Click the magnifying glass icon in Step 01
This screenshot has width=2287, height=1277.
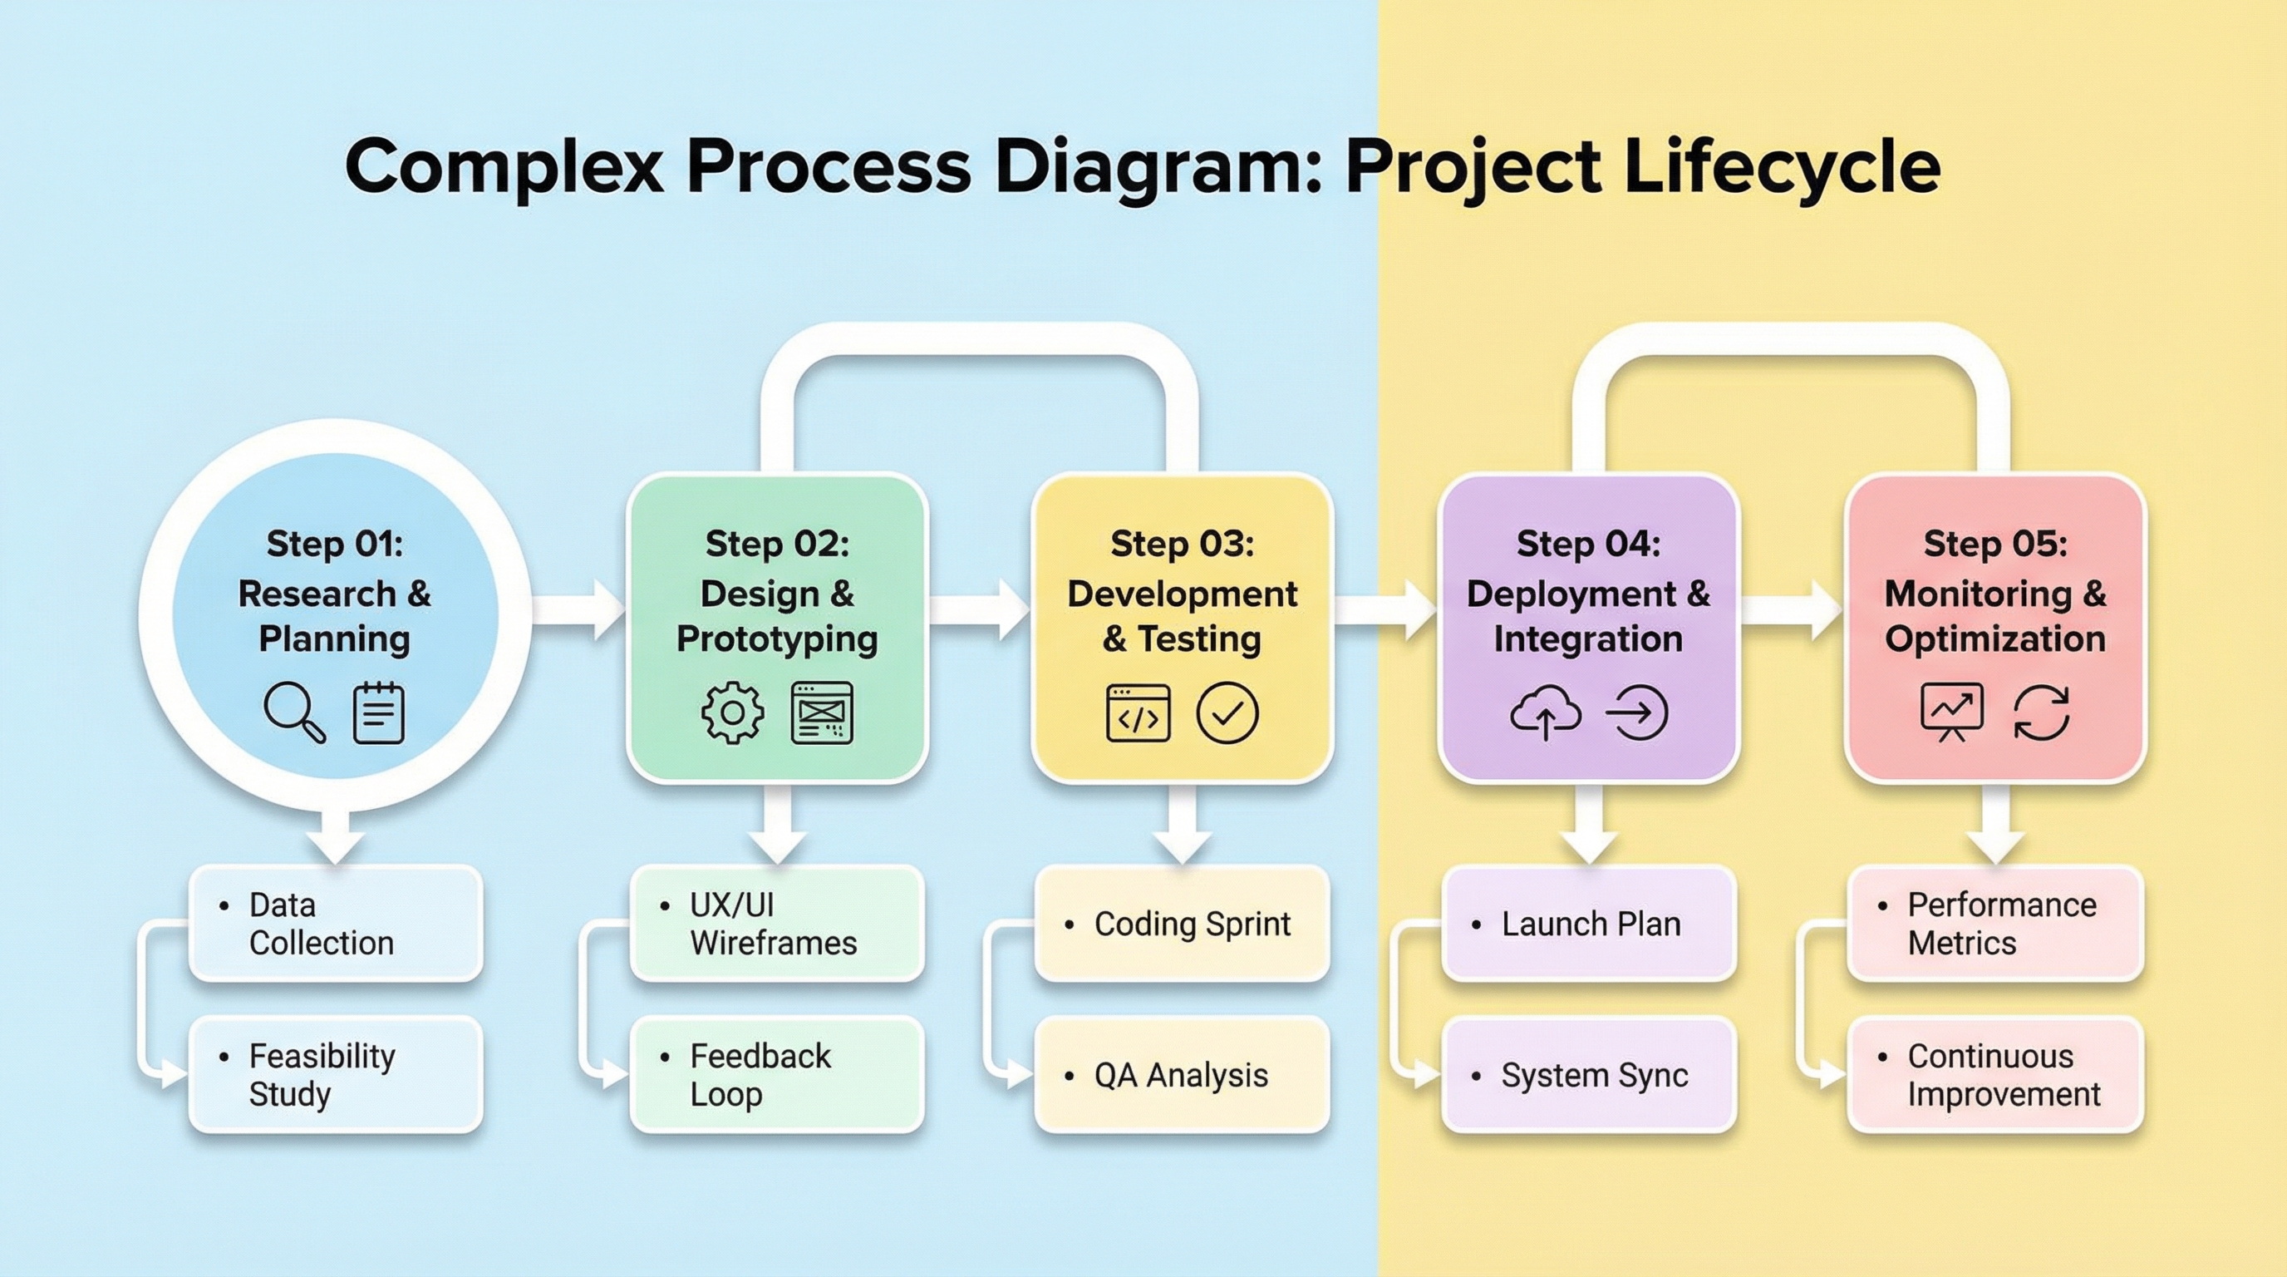point(294,712)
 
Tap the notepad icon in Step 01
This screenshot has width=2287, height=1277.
point(378,712)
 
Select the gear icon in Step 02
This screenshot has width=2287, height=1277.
point(732,712)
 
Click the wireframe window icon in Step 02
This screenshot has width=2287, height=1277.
point(821,712)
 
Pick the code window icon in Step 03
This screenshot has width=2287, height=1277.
point(1138,712)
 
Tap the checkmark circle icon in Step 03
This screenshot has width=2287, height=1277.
point(1227,712)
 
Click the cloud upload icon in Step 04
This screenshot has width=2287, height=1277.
point(1545,712)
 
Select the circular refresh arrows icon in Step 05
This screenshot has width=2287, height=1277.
point(2041,712)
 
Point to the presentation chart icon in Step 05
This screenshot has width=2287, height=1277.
point(1951,712)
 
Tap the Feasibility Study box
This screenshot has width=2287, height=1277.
point(336,1074)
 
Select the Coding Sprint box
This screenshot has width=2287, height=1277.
point(1182,924)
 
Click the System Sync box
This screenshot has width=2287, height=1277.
point(1588,1074)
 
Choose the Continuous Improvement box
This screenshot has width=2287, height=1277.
point(1995,1074)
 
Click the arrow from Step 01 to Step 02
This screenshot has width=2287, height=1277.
point(579,609)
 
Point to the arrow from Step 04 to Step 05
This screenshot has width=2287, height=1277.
point(1792,609)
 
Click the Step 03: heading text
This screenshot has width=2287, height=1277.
point(1182,544)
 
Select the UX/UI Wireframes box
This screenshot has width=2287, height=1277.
point(777,924)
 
